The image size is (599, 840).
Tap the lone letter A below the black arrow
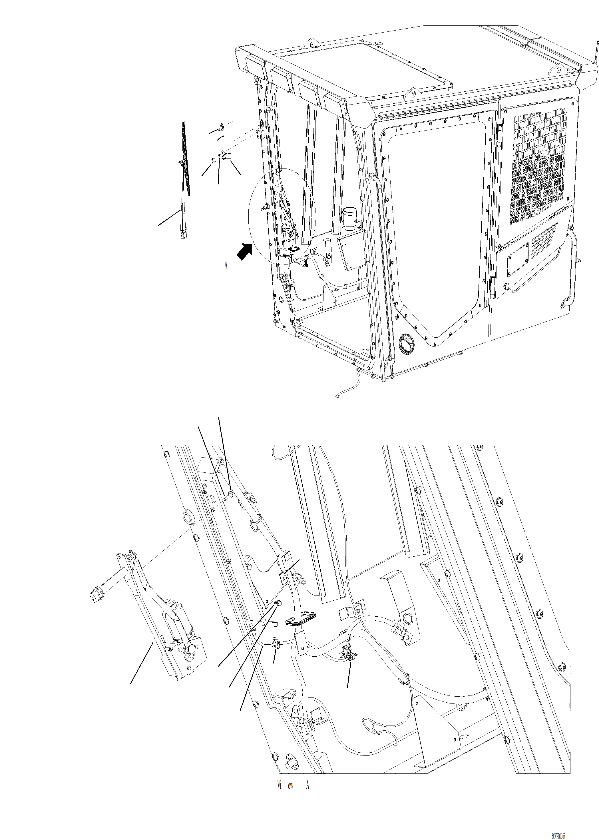pyautogui.click(x=226, y=265)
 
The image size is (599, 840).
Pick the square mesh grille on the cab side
pyautogui.click(x=538, y=166)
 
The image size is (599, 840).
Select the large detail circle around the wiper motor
pyautogui.click(x=282, y=218)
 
